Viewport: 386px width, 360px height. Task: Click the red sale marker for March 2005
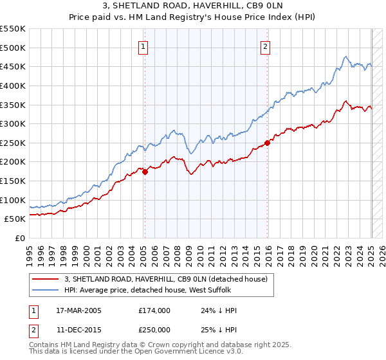pos(145,172)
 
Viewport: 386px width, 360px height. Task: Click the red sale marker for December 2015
pos(268,143)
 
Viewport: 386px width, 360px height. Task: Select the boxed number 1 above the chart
pos(143,46)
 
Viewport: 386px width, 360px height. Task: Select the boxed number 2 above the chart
pos(265,46)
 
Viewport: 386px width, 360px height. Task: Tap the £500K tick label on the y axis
pos(13,48)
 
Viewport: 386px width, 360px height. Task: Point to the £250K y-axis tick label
pos(13,143)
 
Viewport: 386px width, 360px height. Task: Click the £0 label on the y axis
pos(21,238)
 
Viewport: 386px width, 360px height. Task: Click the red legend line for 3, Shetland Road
pos(45,278)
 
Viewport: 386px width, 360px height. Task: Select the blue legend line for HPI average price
pos(45,290)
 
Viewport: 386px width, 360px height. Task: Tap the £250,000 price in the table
pos(154,329)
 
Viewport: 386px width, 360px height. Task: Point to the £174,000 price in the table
pos(154,310)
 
